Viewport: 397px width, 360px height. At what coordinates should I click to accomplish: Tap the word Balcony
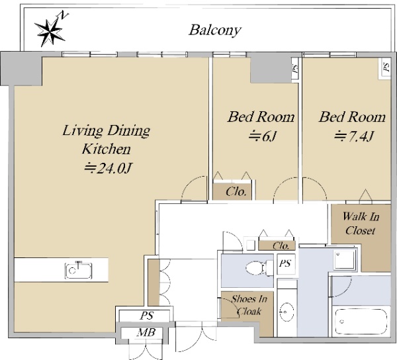214,30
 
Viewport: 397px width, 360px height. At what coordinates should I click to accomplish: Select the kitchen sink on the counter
78,271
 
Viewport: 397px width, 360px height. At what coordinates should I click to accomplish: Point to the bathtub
361,322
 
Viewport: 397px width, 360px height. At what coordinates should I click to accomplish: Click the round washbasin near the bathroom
287,311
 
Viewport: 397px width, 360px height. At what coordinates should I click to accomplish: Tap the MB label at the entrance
146,332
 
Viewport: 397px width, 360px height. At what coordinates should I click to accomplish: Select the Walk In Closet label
361,224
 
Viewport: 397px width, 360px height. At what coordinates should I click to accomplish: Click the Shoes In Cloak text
249,305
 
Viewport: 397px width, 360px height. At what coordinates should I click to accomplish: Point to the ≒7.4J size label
353,137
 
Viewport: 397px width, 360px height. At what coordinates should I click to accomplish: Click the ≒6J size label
262,137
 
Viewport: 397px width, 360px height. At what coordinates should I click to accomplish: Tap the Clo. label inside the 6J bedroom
236,192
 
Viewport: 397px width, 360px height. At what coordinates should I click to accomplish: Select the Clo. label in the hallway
281,246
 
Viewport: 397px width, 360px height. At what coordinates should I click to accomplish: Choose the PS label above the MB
147,316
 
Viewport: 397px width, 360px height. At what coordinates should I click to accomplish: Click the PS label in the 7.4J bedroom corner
386,67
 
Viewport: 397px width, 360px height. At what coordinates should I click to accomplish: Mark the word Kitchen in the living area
107,149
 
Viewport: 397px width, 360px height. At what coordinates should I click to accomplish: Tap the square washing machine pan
344,260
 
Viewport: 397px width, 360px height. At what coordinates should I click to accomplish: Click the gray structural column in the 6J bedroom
271,70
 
